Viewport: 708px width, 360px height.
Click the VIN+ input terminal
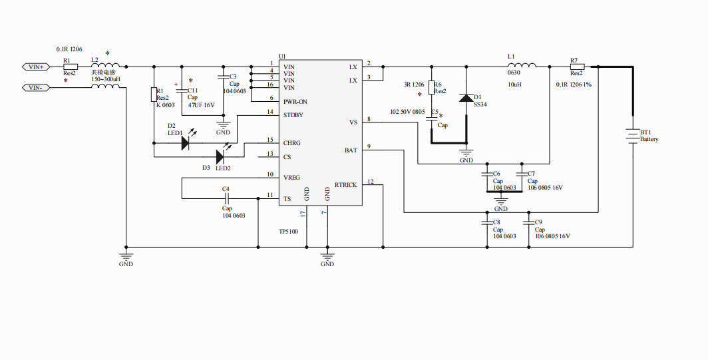(34, 67)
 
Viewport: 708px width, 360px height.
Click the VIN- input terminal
(34, 88)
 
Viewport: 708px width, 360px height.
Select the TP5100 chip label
(288, 232)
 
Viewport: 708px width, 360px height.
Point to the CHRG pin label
(291, 143)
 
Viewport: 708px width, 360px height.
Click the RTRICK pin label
(345, 185)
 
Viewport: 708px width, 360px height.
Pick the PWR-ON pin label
(295, 101)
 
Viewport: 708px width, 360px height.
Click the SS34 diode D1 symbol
(466, 98)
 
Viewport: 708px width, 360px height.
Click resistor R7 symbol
(577, 67)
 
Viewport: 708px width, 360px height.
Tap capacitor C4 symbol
(226, 199)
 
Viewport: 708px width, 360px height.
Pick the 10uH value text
(514, 85)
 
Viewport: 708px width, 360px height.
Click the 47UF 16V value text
(201, 105)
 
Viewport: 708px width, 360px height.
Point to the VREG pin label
(291, 178)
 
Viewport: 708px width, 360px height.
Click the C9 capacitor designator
(538, 222)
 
